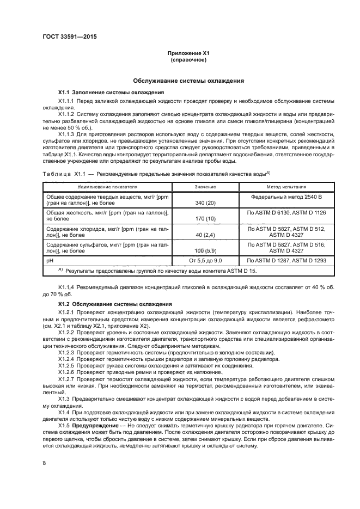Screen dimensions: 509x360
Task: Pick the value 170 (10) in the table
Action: click(x=205, y=218)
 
